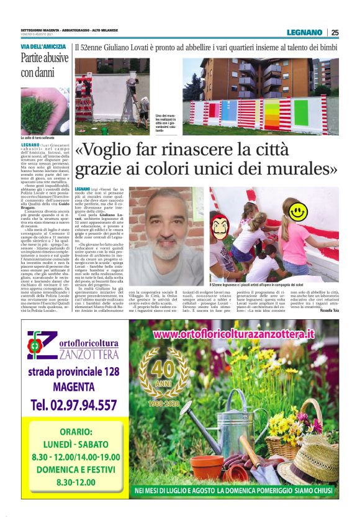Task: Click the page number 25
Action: click(x=335, y=32)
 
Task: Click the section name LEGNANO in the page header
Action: click(x=304, y=32)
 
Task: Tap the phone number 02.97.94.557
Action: click(x=73, y=405)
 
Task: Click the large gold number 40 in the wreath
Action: click(x=163, y=369)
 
